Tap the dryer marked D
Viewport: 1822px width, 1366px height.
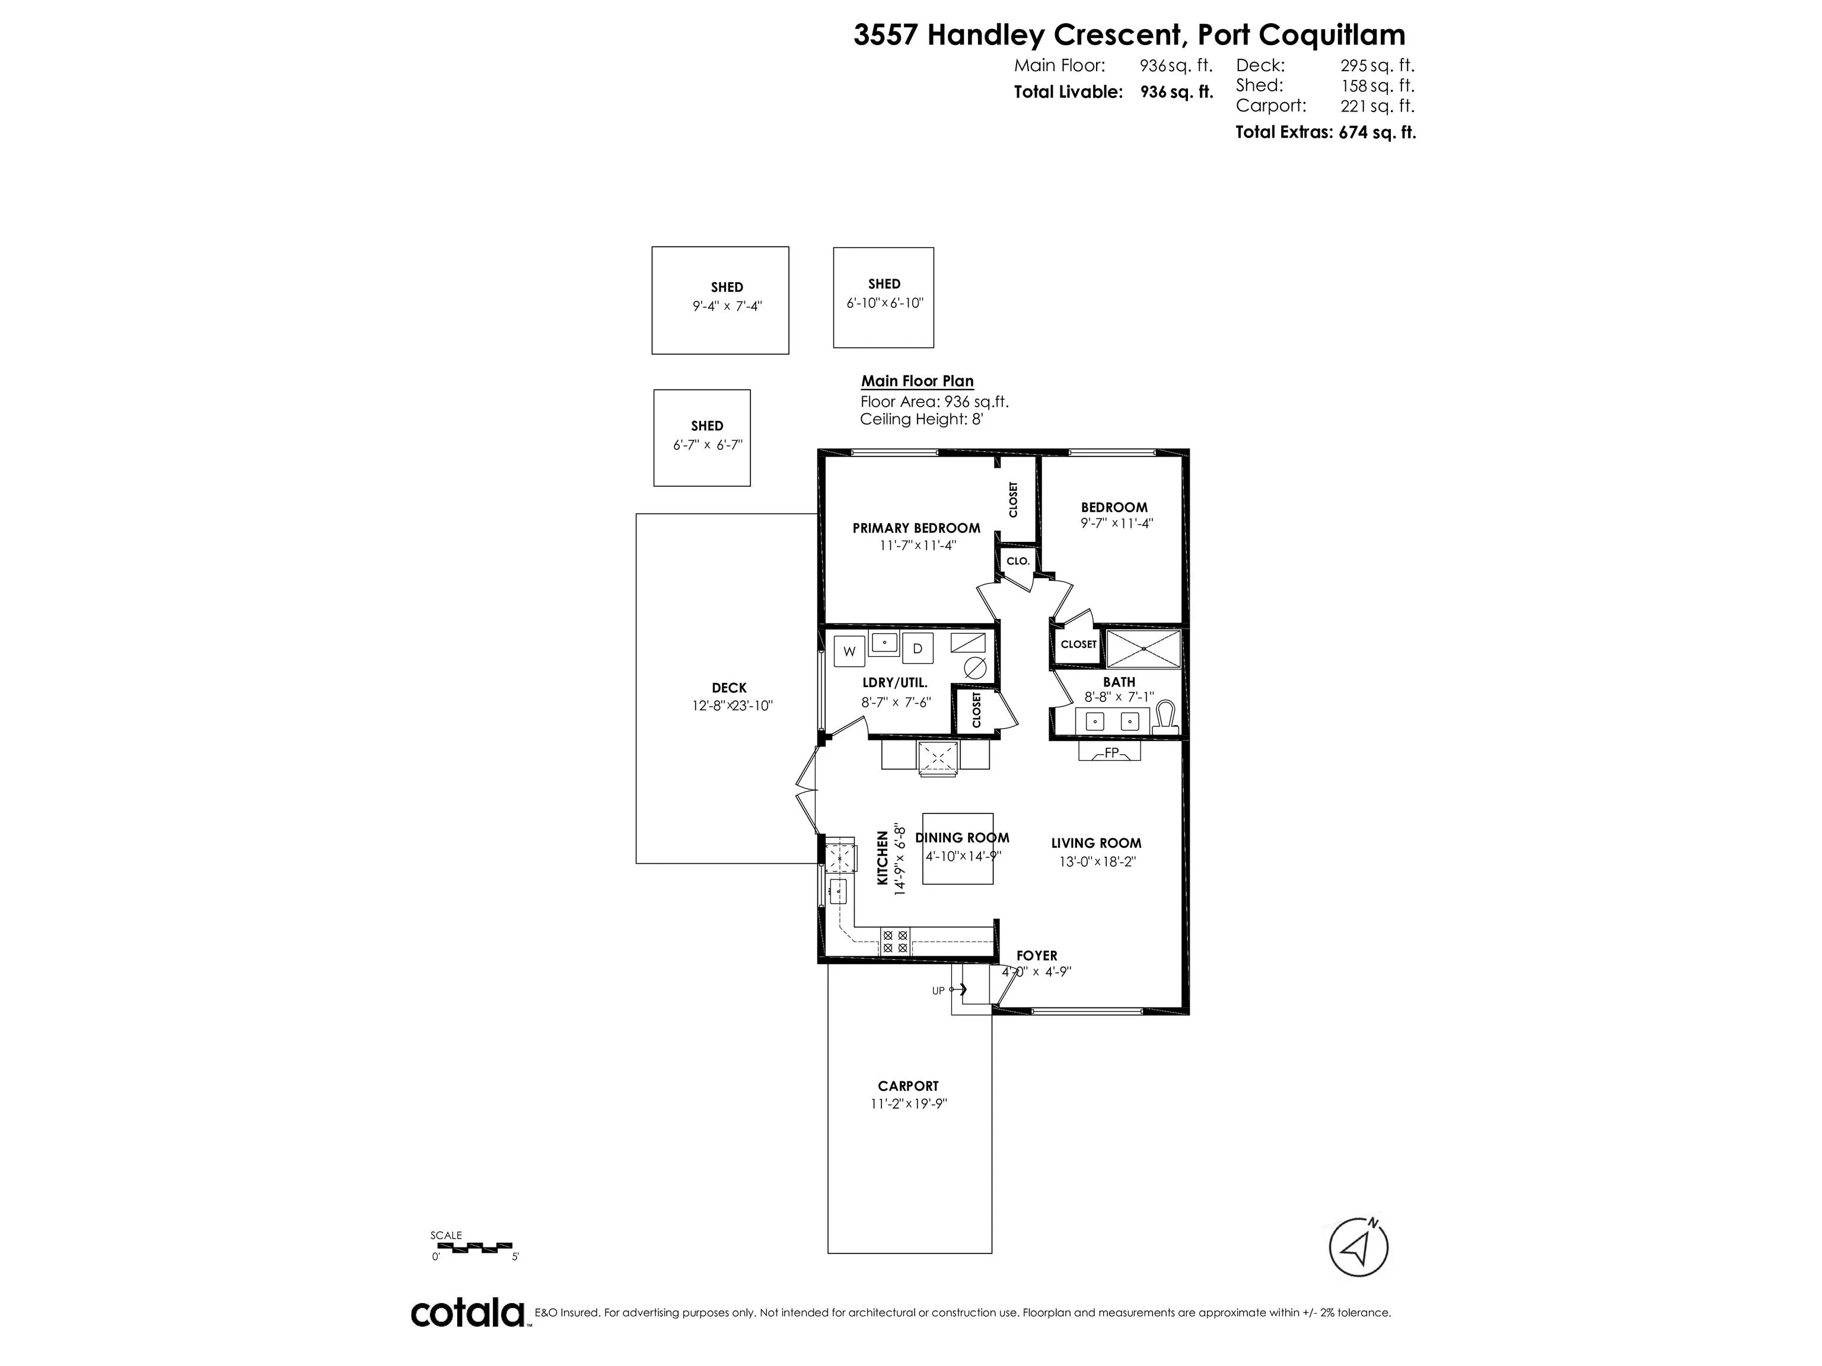(x=917, y=649)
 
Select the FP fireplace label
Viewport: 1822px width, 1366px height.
(x=1111, y=752)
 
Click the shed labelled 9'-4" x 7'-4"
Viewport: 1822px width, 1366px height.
(x=720, y=301)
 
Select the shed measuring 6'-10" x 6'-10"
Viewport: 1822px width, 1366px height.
(x=883, y=297)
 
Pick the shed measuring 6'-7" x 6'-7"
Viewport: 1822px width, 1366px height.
(x=702, y=437)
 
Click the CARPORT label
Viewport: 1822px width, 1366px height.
(x=907, y=1086)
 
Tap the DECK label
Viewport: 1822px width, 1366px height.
(x=729, y=688)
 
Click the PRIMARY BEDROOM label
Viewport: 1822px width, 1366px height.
(x=916, y=528)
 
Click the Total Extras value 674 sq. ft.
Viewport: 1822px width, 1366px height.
(x=1377, y=132)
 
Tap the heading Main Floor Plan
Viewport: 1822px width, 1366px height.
(x=917, y=381)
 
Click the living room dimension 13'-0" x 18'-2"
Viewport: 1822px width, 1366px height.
(x=1097, y=862)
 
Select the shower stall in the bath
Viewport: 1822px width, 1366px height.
(x=1143, y=649)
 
